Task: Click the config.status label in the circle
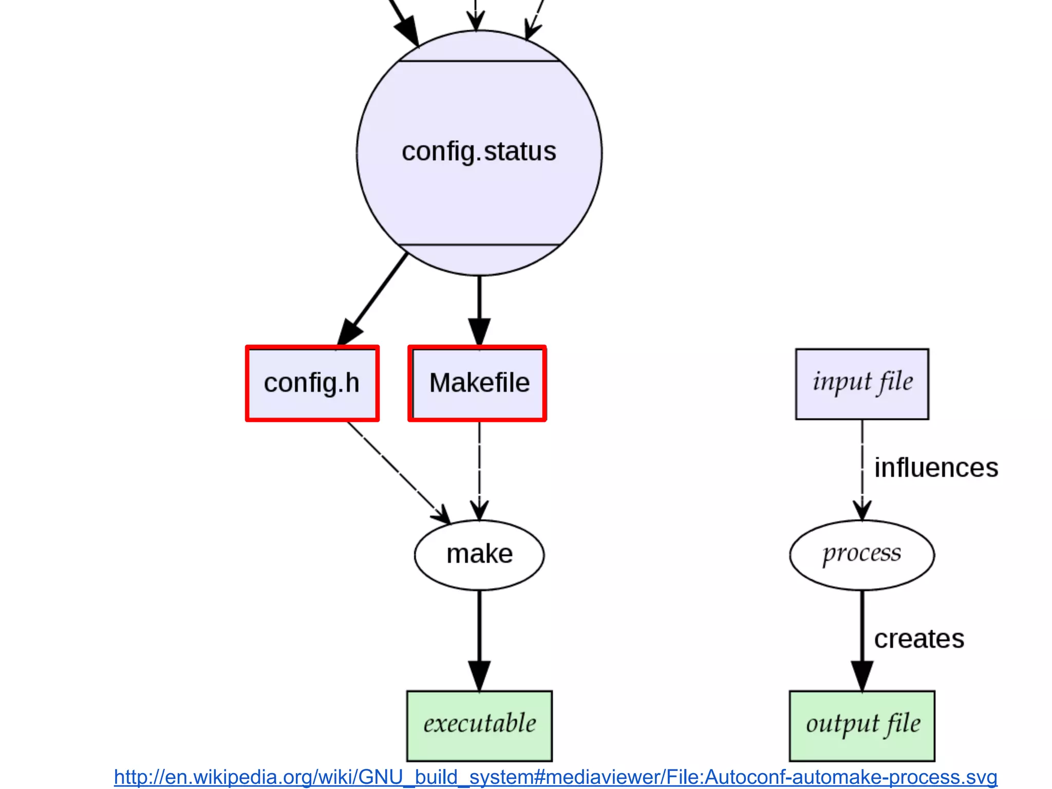479,152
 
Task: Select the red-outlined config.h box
312,383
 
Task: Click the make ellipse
479,555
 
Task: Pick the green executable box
479,725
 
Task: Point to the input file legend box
862,383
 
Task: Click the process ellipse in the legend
861,555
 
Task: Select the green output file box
861,725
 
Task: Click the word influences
936,468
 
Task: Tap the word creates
919,639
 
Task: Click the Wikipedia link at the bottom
555,777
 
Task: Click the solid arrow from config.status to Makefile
479,308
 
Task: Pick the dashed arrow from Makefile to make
479,467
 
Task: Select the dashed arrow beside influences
862,467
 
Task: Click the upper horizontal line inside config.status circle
479,61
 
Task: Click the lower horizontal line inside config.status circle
479,245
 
